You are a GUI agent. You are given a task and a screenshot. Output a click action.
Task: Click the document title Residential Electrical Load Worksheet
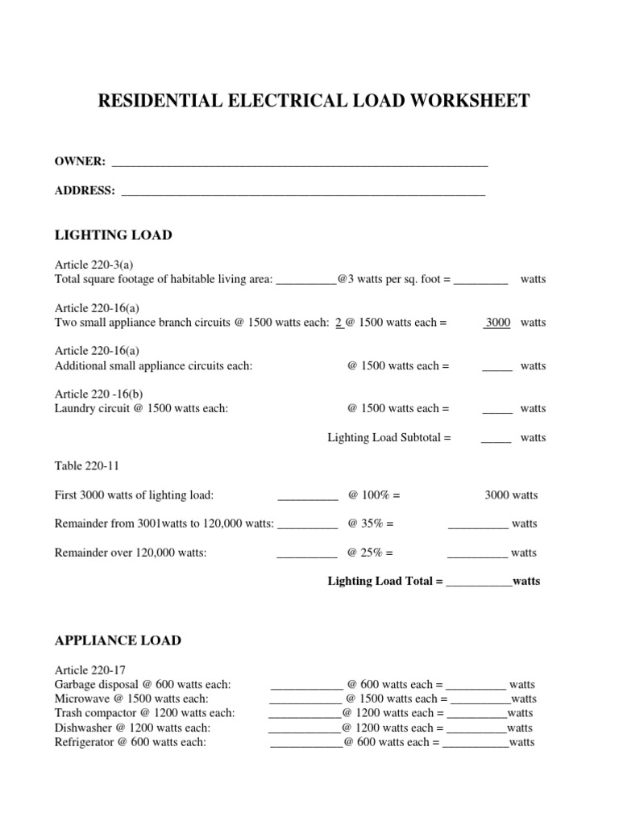[x=314, y=101]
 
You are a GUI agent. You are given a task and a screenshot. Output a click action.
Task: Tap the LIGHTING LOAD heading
[x=113, y=235]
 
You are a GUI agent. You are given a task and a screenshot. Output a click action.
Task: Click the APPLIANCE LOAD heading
[x=118, y=640]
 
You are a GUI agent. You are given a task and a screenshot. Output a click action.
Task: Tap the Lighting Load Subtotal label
[x=388, y=438]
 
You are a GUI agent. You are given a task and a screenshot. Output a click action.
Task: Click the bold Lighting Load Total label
[x=384, y=581]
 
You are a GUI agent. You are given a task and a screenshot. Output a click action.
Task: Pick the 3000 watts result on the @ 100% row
[x=511, y=494]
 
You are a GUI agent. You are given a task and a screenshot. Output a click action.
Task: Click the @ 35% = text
[x=370, y=524]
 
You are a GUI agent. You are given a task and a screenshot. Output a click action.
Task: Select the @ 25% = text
[x=370, y=553]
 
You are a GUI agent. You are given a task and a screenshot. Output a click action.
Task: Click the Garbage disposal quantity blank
[x=306, y=686]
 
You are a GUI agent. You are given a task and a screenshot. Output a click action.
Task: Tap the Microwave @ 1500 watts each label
[x=131, y=699]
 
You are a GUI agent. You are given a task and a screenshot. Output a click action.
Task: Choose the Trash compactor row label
[x=144, y=713]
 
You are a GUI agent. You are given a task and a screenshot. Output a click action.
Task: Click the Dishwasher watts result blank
[x=476, y=728]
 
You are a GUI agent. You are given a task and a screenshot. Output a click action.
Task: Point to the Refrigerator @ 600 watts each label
[x=130, y=742]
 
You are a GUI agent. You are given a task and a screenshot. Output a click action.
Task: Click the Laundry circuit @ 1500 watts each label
[x=141, y=408]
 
